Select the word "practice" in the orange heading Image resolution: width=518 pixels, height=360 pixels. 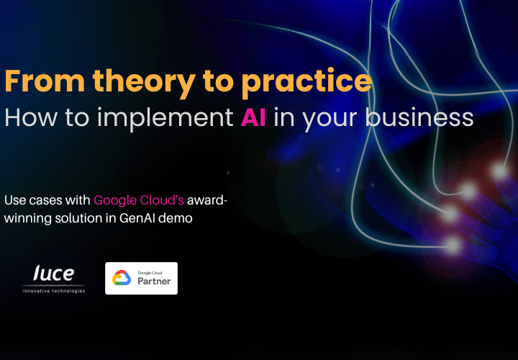(x=307, y=83)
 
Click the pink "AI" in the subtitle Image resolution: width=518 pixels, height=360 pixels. (x=253, y=117)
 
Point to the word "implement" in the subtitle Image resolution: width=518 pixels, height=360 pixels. (x=165, y=119)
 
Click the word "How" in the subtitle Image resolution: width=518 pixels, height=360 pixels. (x=31, y=117)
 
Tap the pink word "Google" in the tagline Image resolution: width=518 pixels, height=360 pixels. (x=115, y=201)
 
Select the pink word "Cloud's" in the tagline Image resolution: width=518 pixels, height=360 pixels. (x=162, y=200)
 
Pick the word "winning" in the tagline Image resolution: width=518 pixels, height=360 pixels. (x=28, y=219)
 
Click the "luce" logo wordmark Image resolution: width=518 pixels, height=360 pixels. (x=53, y=273)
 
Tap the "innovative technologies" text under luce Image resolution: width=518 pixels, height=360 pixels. (x=53, y=291)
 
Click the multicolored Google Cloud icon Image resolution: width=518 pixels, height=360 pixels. (x=122, y=278)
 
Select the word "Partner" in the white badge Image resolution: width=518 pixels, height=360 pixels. (x=154, y=282)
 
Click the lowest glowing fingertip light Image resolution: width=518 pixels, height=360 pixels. (x=453, y=246)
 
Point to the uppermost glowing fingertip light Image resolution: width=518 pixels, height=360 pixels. (x=500, y=171)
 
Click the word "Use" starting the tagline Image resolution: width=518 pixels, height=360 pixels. (x=15, y=200)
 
